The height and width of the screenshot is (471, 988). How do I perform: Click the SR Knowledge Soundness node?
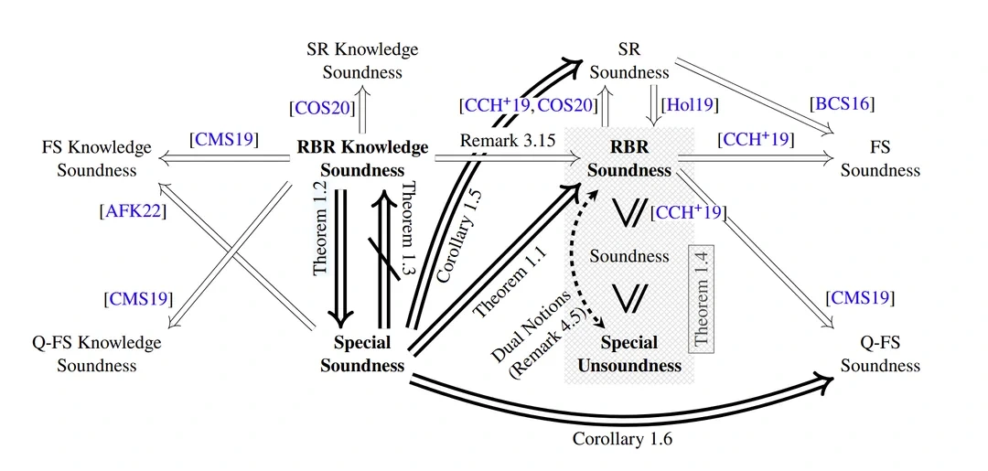pos(362,59)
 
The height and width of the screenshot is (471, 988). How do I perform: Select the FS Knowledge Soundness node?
pos(96,158)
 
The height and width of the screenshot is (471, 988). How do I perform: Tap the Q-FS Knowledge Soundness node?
pos(96,354)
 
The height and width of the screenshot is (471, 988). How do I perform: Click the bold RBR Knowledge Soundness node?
pos(362,158)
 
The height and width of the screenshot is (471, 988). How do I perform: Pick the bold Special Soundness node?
pos(362,354)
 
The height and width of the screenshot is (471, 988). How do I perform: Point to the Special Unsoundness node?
pos(629,354)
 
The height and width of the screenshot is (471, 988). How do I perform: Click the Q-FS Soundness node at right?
pos(880,354)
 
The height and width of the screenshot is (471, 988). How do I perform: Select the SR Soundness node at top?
pos(629,59)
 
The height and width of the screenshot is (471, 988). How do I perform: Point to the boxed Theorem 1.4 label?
pos(702,299)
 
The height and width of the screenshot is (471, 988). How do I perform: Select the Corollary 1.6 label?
pos(623,439)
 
